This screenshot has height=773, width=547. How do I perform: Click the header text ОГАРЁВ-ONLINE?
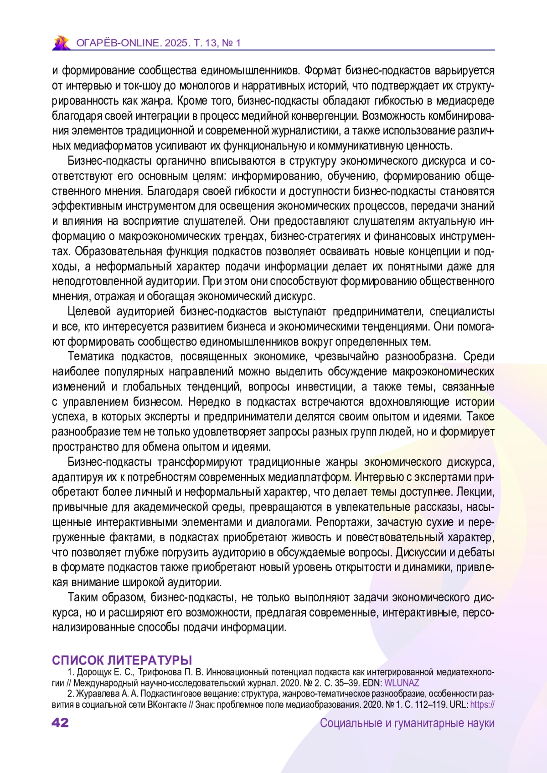pos(119,43)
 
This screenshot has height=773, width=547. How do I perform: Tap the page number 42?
pos(60,723)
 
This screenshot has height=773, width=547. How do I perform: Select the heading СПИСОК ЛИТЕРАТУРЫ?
pos(122,660)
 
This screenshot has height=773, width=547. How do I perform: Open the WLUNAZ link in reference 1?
pos(402,683)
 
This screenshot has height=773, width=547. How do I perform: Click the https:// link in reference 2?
pos(482,705)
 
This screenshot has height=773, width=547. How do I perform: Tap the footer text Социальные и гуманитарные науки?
pos(407,723)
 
